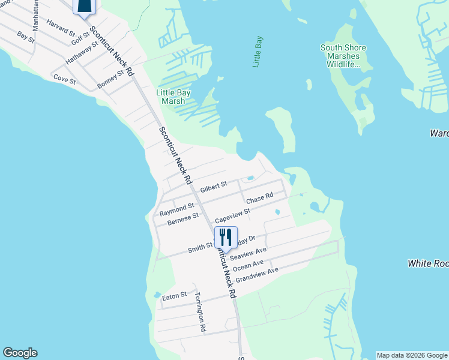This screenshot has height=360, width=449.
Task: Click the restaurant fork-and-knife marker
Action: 226,237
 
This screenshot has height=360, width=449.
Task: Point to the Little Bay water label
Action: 258,52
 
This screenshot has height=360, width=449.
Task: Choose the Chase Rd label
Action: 259,197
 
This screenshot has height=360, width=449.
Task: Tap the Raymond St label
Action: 176,209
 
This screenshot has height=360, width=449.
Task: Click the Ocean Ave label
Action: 248,265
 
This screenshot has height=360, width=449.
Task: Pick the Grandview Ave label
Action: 257,275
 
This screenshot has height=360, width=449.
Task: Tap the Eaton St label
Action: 175,295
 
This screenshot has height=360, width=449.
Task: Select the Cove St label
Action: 64,79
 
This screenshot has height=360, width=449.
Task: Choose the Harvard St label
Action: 59,26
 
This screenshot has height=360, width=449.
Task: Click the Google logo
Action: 20,353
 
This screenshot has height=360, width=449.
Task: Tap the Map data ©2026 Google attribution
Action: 412,355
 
